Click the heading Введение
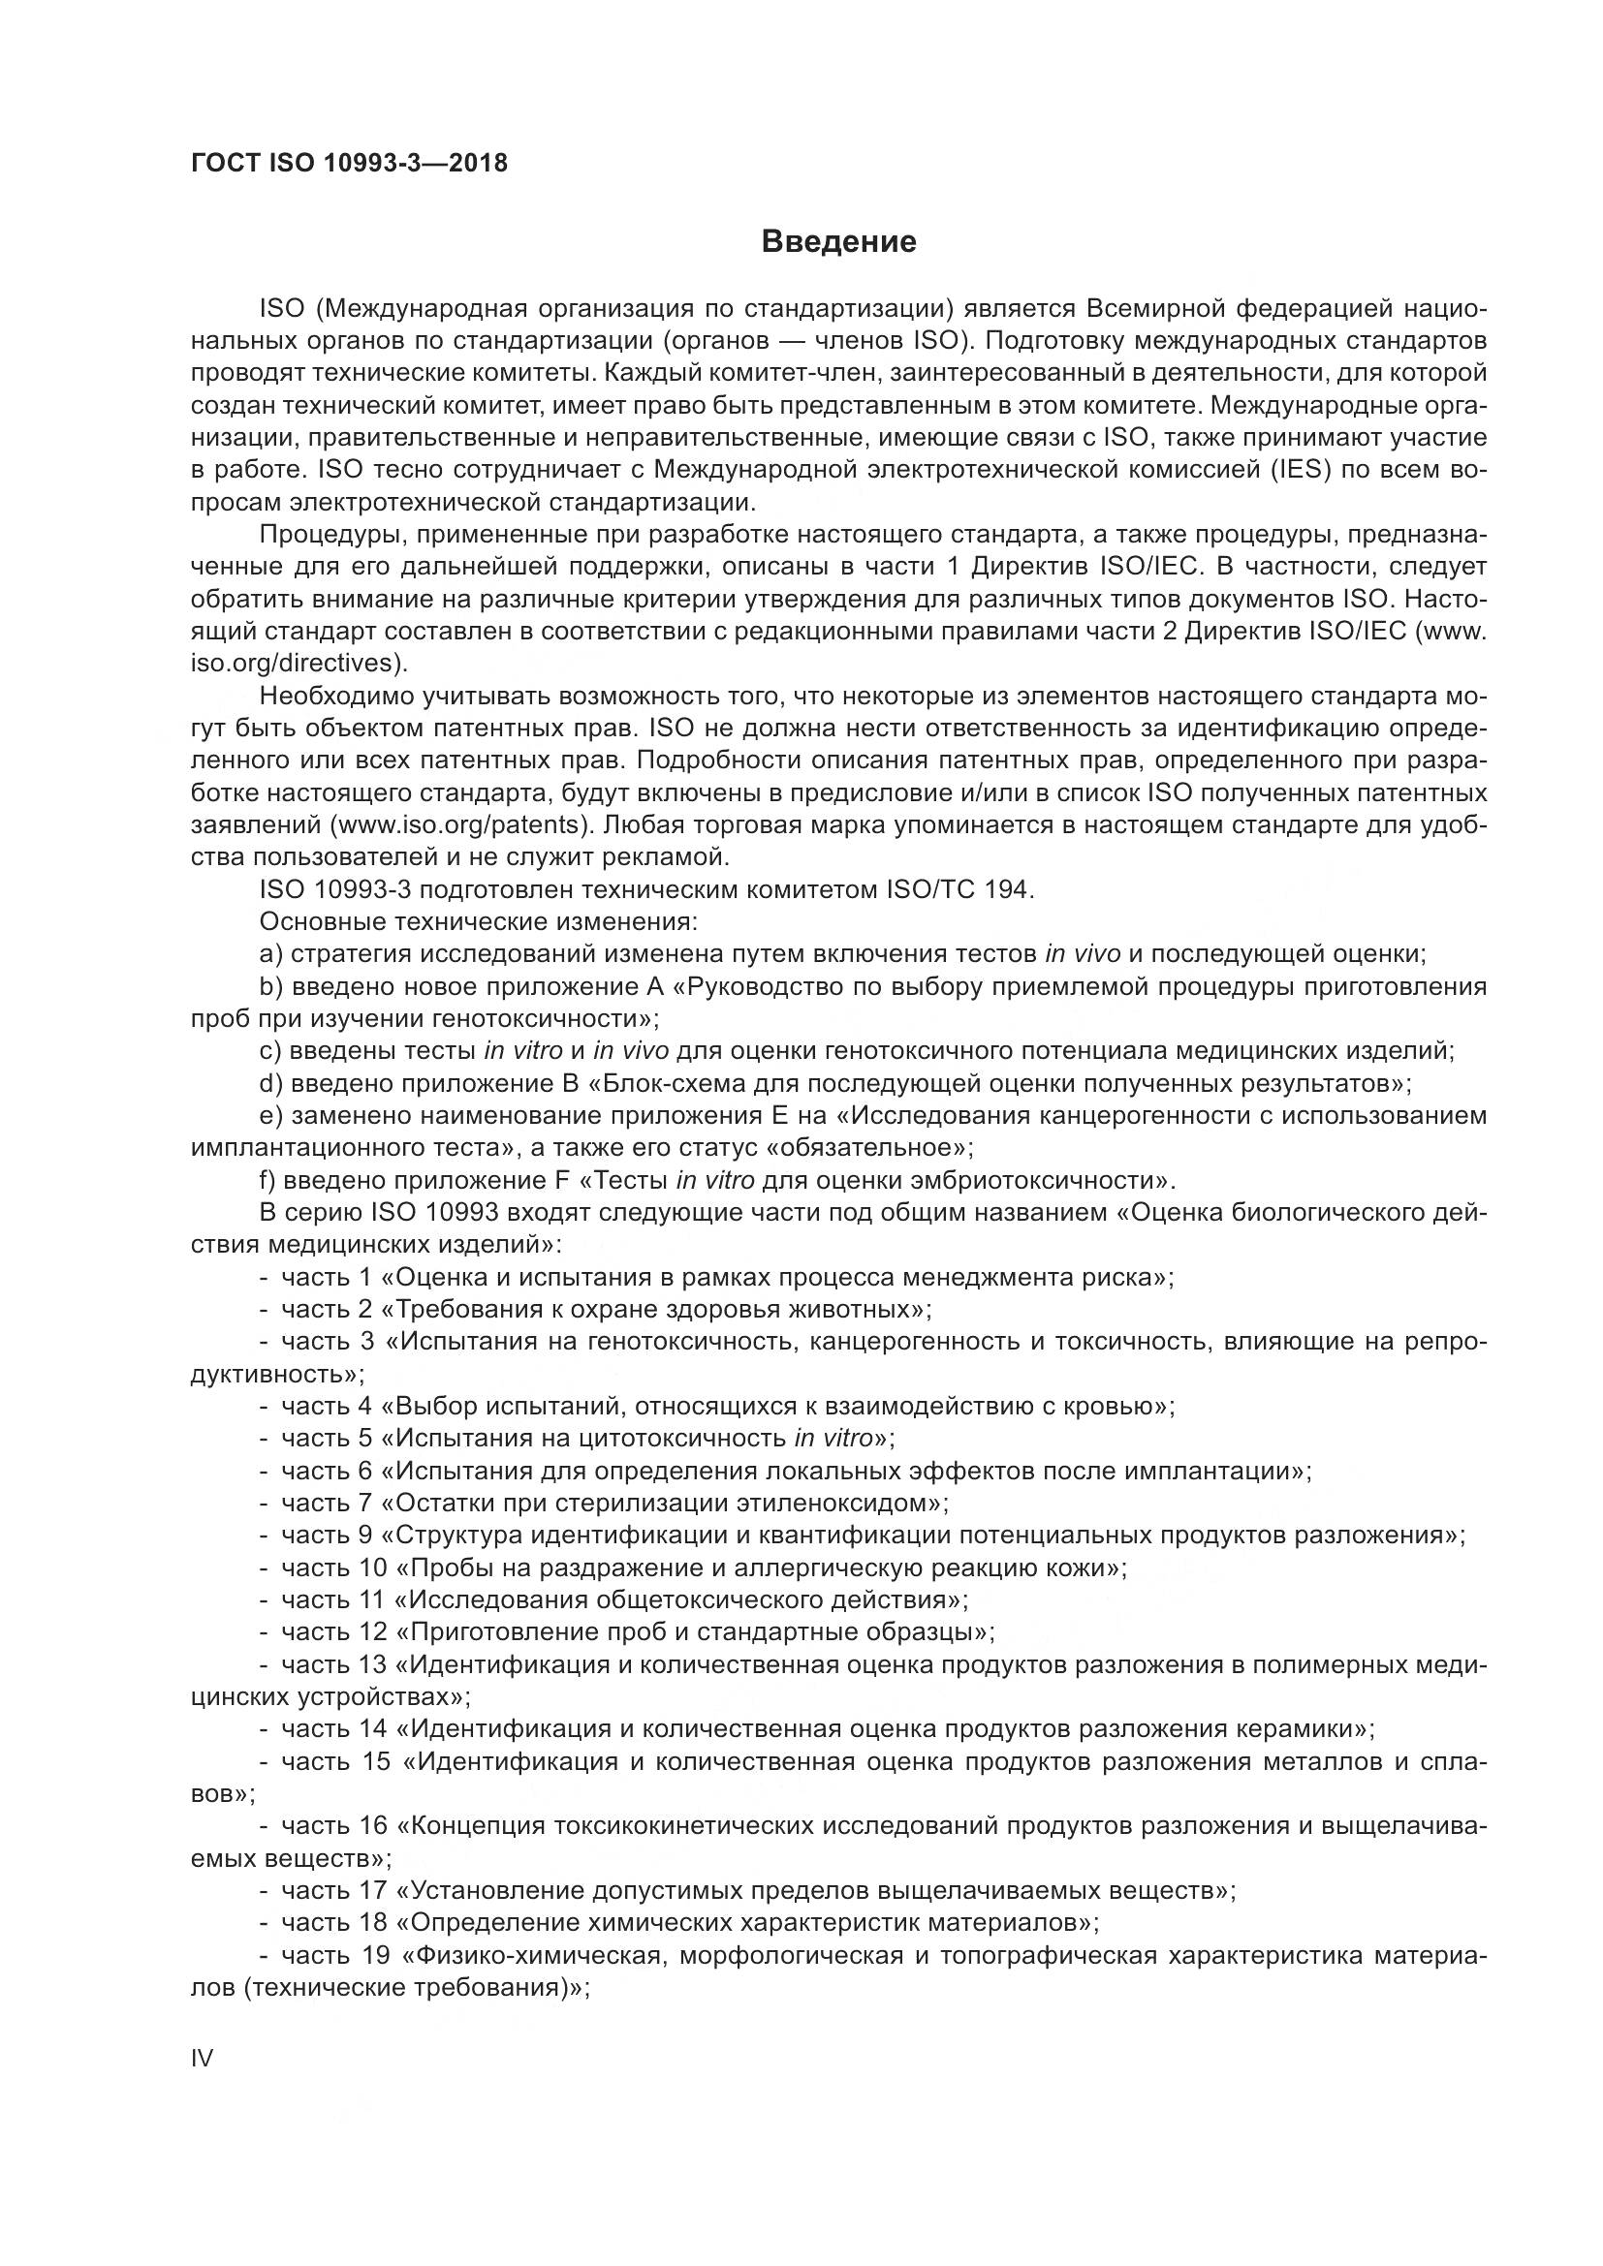tap(839, 242)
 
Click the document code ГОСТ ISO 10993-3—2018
tap(350, 164)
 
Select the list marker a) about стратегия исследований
tap(270, 954)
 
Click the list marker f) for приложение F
tap(268, 1180)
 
